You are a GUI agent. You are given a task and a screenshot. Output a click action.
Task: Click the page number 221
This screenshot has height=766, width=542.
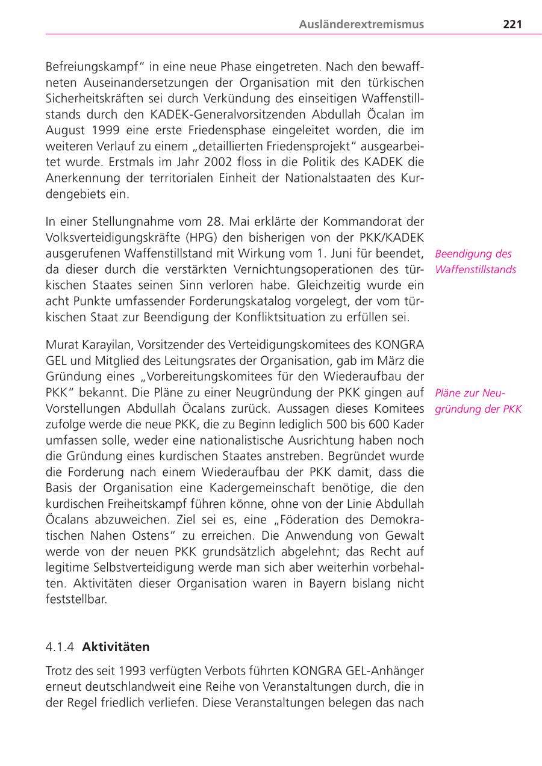(512, 25)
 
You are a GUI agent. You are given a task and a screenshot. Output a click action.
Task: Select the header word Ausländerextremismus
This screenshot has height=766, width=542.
(361, 25)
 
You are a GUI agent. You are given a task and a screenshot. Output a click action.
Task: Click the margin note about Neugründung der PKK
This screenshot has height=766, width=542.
(478, 401)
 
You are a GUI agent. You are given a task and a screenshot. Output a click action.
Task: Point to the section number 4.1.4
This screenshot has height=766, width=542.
(60, 647)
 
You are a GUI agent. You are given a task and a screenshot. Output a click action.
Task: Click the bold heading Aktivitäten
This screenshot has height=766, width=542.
(116, 647)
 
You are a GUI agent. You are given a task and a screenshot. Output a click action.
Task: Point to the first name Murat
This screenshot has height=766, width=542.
(62, 345)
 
